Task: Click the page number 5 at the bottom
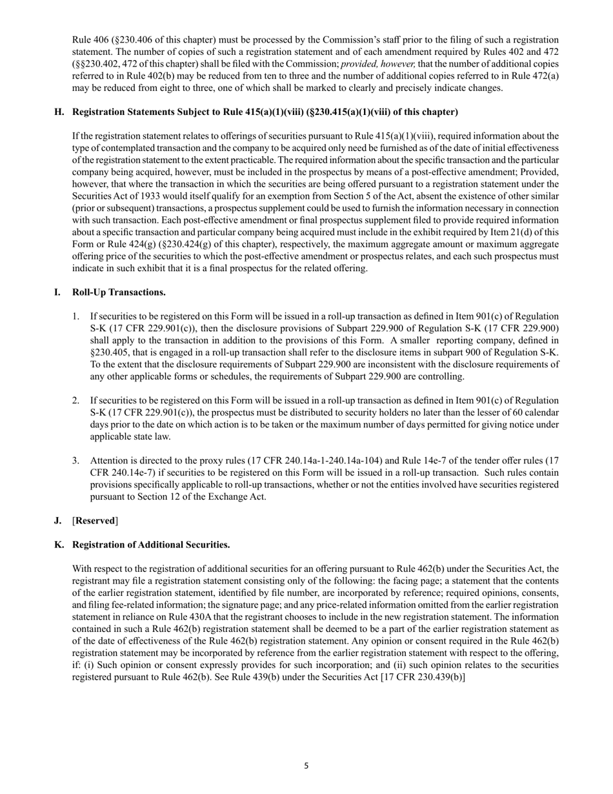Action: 306,766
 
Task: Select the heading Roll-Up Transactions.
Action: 119,292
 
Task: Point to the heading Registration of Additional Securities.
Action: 151,544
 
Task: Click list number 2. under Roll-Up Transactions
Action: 75,400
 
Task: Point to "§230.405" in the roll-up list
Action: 111,352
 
